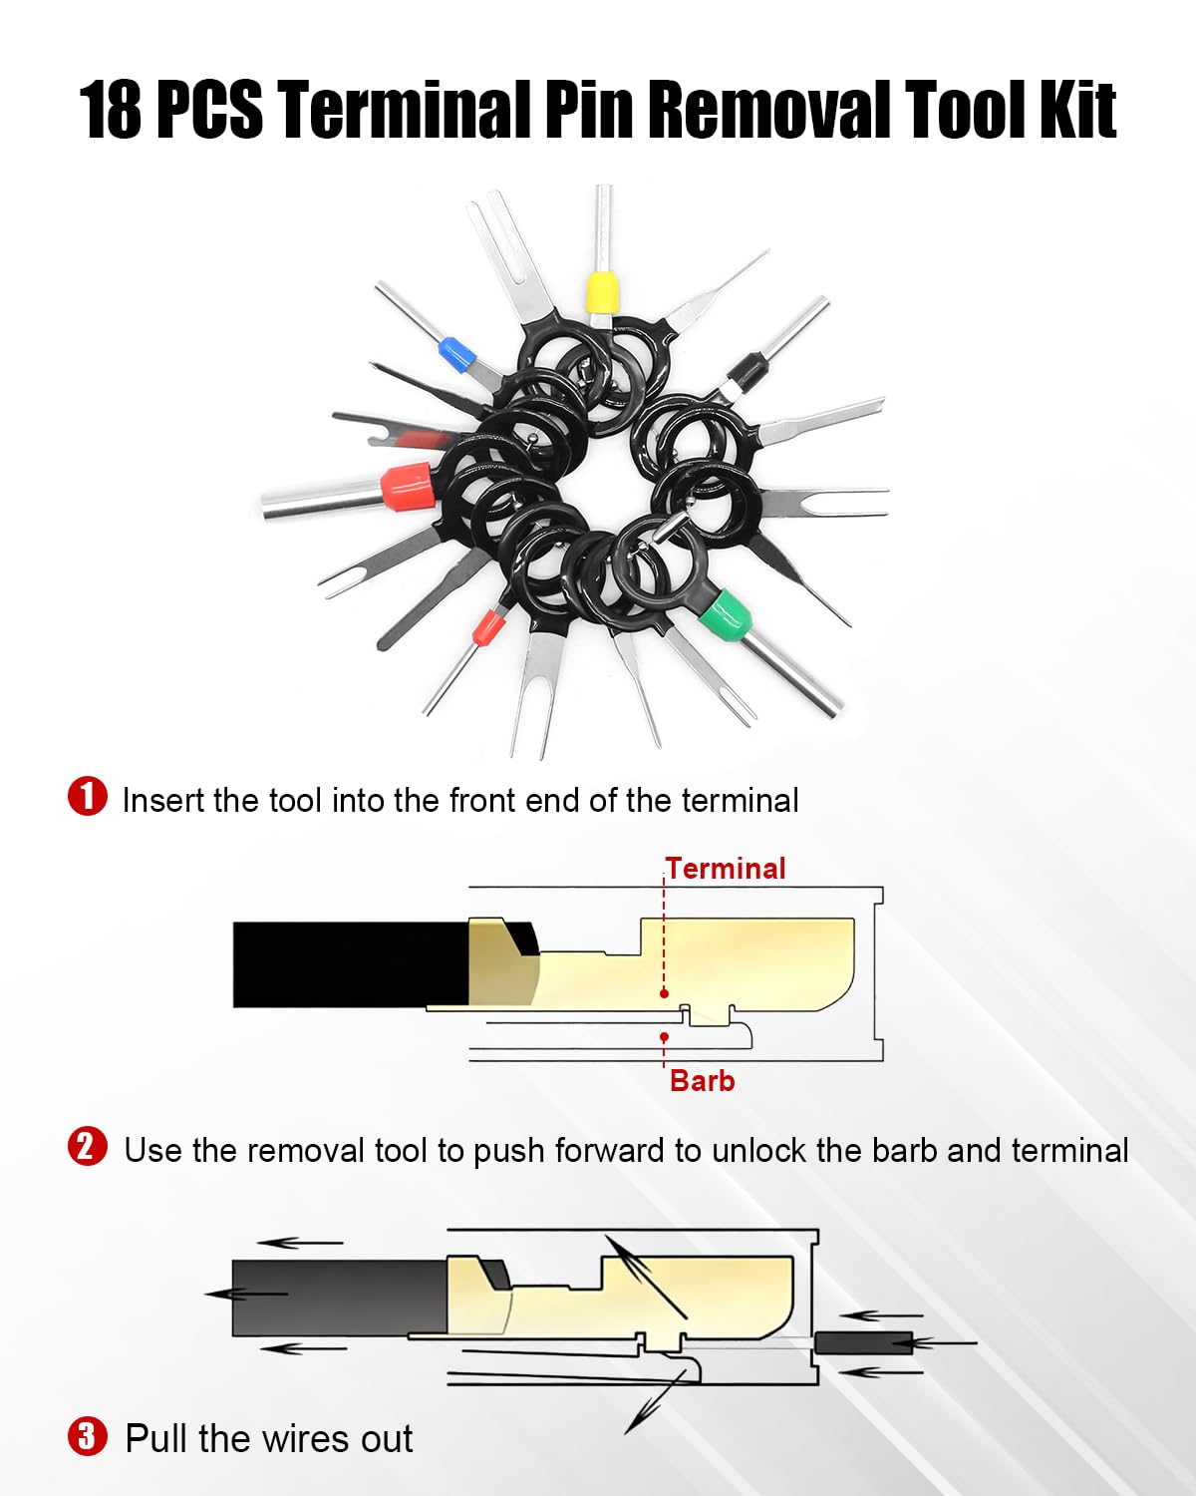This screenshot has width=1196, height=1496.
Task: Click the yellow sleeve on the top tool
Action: point(602,292)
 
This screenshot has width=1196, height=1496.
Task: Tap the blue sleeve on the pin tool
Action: point(457,354)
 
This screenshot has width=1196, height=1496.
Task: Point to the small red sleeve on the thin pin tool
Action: point(487,627)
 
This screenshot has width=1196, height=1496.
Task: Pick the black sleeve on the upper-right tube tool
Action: point(747,373)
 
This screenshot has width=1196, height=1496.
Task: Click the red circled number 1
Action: point(88,796)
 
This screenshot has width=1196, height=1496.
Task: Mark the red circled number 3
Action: point(88,1436)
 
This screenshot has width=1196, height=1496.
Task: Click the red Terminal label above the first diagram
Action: point(726,869)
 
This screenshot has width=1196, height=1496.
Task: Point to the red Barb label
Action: point(702,1082)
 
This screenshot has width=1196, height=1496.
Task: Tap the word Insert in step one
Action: point(163,800)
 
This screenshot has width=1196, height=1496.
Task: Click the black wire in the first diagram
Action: point(351,964)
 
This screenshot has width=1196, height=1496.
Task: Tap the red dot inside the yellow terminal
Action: point(665,994)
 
